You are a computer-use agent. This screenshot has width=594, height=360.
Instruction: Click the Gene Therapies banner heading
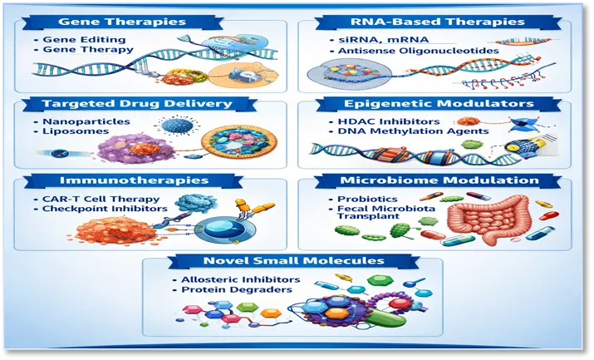coord(122,22)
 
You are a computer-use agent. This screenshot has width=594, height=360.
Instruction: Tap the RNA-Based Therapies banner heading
coord(437,22)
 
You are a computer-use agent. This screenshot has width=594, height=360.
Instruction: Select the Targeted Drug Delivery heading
coord(137,103)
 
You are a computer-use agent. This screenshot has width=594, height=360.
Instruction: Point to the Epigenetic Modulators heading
coord(439,103)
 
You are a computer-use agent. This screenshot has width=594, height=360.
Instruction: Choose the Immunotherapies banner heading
coord(134,180)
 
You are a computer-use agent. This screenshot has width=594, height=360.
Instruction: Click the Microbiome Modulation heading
coord(439,180)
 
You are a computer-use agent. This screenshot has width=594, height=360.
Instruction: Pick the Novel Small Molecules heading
coord(293,261)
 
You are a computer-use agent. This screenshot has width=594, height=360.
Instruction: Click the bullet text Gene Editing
coord(84,39)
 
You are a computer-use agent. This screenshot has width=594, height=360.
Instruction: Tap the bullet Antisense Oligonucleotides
coord(418,51)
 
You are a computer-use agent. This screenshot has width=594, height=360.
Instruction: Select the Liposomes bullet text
coord(76,131)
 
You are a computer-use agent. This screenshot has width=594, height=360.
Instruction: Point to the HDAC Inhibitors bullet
coord(389,121)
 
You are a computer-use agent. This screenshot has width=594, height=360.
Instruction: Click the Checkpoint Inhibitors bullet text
coord(105,209)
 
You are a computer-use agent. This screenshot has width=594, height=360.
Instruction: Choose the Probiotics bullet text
coord(367,199)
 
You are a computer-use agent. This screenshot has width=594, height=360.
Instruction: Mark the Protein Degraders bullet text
coord(237,289)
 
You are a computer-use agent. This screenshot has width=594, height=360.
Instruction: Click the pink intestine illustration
coord(488,219)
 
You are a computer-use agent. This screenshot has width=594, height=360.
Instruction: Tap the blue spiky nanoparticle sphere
coord(177,125)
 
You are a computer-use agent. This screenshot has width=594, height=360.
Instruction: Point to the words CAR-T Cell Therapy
coord(101,199)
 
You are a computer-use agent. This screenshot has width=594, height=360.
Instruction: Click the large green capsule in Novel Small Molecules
coord(385,318)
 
